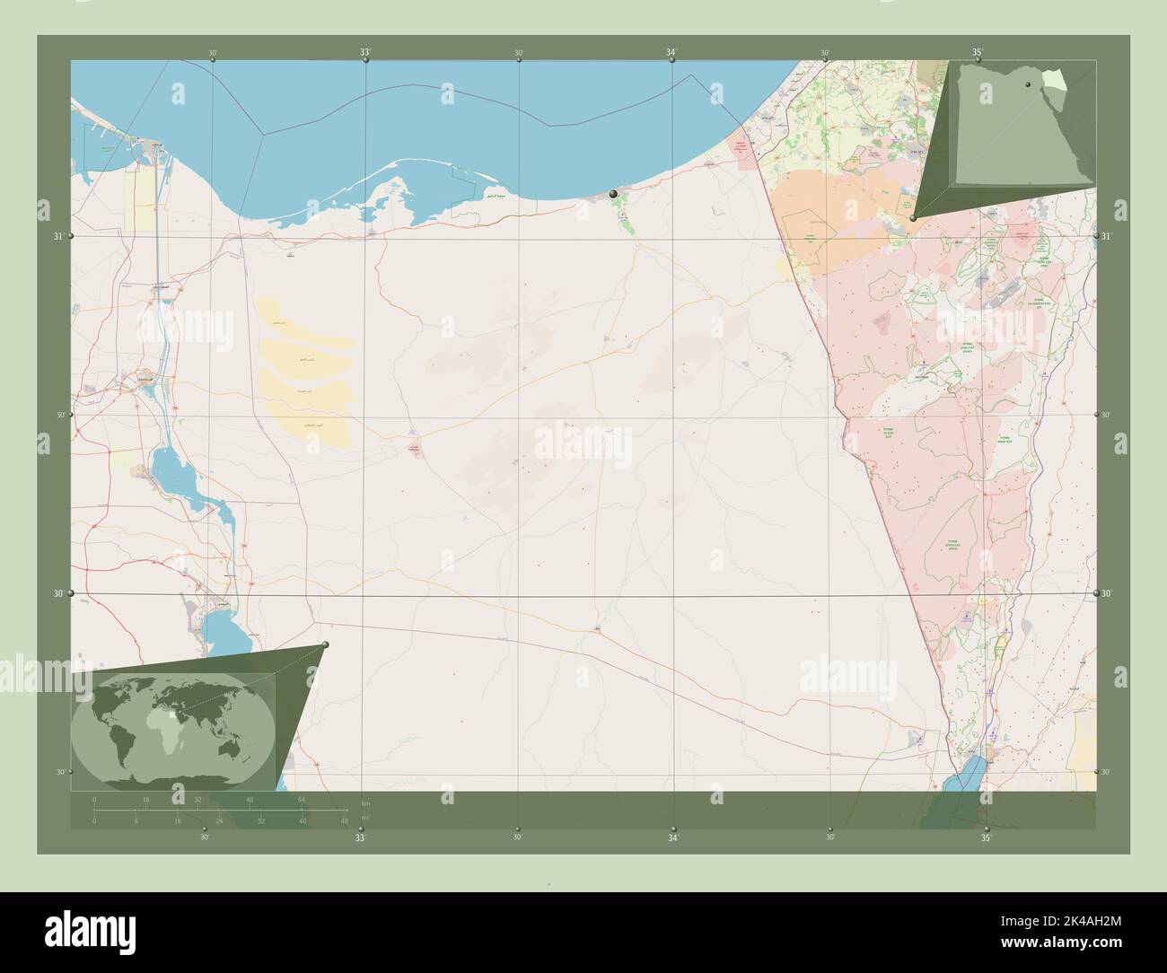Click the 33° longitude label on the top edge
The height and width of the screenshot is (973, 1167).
click(x=365, y=53)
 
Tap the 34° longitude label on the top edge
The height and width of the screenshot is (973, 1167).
click(x=671, y=53)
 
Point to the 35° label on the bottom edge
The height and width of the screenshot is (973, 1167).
click(x=986, y=838)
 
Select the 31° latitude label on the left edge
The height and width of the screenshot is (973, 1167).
click(x=58, y=236)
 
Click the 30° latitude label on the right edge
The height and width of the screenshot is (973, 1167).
click(x=1107, y=593)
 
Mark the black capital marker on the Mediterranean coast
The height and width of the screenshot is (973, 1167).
click(x=613, y=194)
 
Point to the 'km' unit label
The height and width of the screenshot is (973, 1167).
click(x=364, y=802)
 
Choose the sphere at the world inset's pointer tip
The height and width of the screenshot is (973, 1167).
click(x=325, y=644)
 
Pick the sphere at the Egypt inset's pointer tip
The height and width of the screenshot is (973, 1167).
click(x=912, y=218)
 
